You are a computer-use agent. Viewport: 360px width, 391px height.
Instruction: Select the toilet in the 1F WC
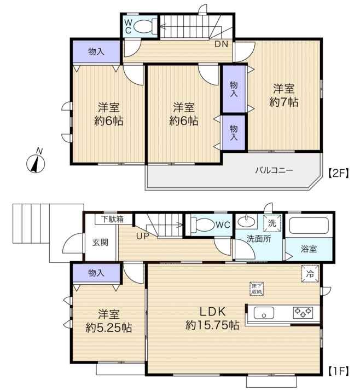click(202, 225)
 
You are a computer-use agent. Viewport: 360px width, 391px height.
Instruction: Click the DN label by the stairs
click(222, 44)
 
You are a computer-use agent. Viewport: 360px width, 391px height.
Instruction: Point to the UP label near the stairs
click(142, 236)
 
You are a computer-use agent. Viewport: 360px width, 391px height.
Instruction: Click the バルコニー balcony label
click(274, 170)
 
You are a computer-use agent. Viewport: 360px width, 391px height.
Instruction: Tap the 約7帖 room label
click(283, 102)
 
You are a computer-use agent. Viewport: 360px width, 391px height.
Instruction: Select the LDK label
click(212, 312)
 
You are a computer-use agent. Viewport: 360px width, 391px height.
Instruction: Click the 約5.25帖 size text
click(109, 327)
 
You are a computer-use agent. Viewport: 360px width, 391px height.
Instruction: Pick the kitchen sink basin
click(264, 313)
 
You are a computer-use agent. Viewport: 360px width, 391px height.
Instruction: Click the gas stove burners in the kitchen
click(303, 313)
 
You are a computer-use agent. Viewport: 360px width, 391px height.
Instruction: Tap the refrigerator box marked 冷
click(310, 274)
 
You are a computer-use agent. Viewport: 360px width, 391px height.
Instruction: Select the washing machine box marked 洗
click(272, 223)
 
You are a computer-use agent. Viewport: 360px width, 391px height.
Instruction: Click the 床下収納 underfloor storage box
click(257, 289)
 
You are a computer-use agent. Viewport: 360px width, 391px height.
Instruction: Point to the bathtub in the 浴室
click(309, 226)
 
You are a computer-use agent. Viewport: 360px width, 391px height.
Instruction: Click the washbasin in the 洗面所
click(246, 221)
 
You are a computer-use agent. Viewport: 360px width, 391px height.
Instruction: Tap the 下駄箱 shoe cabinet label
click(112, 219)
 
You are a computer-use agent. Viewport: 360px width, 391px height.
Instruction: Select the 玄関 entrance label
click(100, 243)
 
